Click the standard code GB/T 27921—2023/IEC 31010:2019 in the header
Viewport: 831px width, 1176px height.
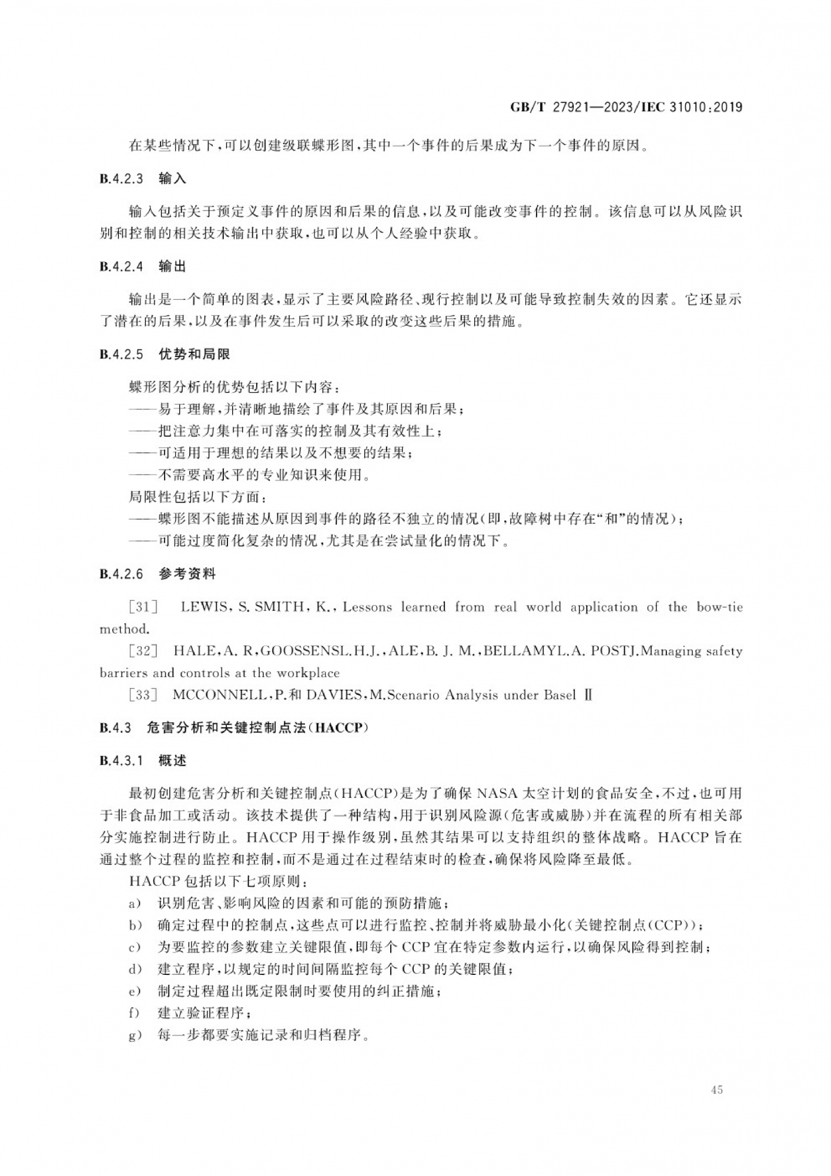pyautogui.click(x=626, y=107)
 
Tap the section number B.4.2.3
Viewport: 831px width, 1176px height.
pyautogui.click(x=122, y=179)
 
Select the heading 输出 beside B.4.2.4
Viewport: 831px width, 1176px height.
pyautogui.click(x=172, y=266)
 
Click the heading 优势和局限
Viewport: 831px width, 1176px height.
pyautogui.click(x=194, y=354)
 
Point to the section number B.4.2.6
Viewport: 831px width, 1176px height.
pyautogui.click(x=122, y=574)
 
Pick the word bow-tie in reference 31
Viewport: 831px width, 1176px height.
pyautogui.click(x=719, y=607)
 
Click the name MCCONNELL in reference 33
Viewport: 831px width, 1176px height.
pyautogui.click(x=220, y=695)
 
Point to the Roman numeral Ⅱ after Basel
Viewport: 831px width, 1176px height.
pyautogui.click(x=588, y=695)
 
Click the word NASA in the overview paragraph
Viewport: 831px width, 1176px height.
pyautogui.click(x=497, y=793)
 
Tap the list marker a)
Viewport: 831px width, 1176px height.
pyautogui.click(x=135, y=903)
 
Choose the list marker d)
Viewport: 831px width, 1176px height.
pyautogui.click(x=135, y=969)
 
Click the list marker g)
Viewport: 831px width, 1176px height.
pyautogui.click(x=135, y=1035)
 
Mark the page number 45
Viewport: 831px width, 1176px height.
pyautogui.click(x=716, y=1090)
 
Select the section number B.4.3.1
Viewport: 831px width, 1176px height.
pyautogui.click(x=122, y=761)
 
